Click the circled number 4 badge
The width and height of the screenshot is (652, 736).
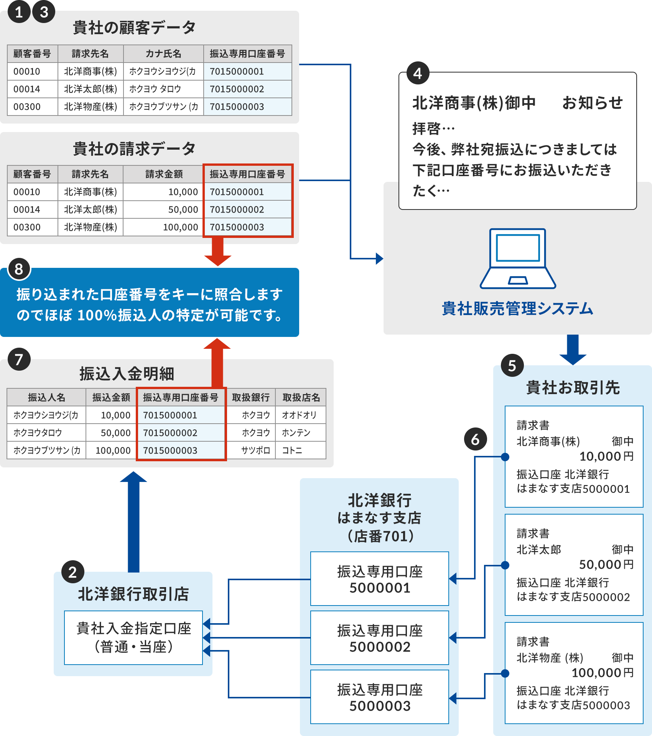click(418, 73)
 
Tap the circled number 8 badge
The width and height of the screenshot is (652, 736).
click(19, 269)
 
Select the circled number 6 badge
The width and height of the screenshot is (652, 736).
click(475, 439)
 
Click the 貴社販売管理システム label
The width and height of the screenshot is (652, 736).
click(517, 309)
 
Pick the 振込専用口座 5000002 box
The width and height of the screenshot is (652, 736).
click(379, 638)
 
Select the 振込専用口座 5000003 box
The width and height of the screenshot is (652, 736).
click(379, 697)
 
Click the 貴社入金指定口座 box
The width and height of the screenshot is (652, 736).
click(133, 637)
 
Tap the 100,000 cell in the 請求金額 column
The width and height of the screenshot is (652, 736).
click(180, 227)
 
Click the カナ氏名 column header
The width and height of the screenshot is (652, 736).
click(163, 54)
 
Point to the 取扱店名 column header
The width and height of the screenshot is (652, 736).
click(301, 398)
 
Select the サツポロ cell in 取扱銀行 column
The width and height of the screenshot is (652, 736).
click(255, 451)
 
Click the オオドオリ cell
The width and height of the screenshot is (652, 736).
click(300, 415)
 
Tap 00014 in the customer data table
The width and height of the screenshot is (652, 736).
click(27, 89)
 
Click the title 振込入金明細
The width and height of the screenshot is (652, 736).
click(127, 374)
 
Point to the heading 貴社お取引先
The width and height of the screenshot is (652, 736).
click(573, 388)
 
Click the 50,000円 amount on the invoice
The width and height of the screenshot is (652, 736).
click(606, 564)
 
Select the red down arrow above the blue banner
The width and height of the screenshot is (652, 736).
click(217, 252)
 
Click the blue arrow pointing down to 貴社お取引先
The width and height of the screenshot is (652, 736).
click(573, 349)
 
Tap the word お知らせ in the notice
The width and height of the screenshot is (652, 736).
click(592, 103)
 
